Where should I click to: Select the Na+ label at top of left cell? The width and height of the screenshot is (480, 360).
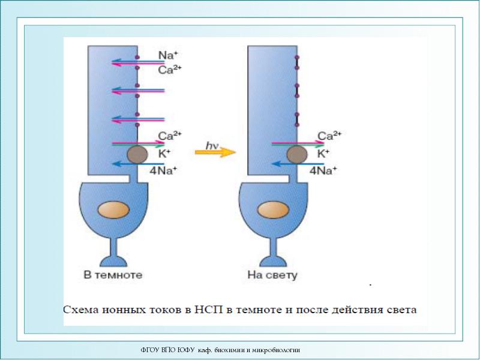(168, 55)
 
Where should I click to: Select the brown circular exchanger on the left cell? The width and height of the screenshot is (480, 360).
(137, 155)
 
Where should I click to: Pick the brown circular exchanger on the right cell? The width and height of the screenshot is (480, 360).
(296, 155)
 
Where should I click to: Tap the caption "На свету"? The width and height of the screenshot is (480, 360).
(273, 276)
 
